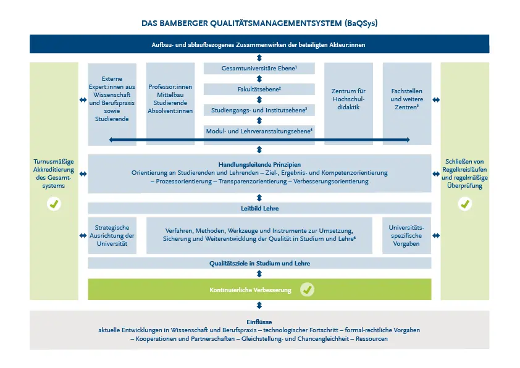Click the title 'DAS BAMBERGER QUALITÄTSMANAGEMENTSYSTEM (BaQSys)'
[259, 23]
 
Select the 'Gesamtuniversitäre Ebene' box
[259, 69]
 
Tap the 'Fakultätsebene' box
[259, 89]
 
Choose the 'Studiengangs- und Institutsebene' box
[259, 110]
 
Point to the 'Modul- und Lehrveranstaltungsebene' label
[259, 132]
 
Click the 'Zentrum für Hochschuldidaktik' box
[348, 104]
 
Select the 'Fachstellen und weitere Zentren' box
[407, 104]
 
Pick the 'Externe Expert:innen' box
[112, 104]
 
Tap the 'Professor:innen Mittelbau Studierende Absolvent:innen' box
[170, 104]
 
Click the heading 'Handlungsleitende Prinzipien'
[259, 164]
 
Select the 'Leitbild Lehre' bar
[259, 208]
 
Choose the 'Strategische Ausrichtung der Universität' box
[112, 235]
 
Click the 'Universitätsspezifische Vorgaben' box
[406, 235]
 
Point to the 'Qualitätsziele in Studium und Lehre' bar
[259, 263]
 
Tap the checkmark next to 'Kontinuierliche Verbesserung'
[307, 290]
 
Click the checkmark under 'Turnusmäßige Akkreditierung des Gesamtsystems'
[54, 204]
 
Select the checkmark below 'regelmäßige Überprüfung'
[465, 204]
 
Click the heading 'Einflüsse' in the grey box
[259, 322]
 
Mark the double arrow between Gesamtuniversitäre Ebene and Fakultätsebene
[259, 79]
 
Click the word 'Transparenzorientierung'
[253, 182]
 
